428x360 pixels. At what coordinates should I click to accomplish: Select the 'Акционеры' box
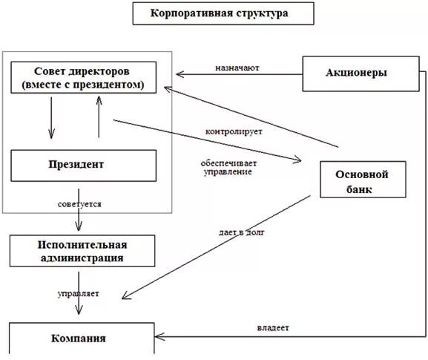[x=358, y=72]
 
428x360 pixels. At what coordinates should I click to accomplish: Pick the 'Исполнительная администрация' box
[x=82, y=251]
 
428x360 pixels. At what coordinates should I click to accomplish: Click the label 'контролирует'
[x=234, y=132]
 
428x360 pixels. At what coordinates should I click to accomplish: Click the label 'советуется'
[x=79, y=203]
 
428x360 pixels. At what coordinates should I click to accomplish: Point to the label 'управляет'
[x=78, y=293]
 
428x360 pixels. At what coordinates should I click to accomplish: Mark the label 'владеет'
[x=273, y=327]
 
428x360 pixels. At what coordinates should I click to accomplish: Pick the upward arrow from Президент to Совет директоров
[x=99, y=117]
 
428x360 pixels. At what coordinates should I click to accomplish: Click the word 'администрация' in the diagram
[x=82, y=258]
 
